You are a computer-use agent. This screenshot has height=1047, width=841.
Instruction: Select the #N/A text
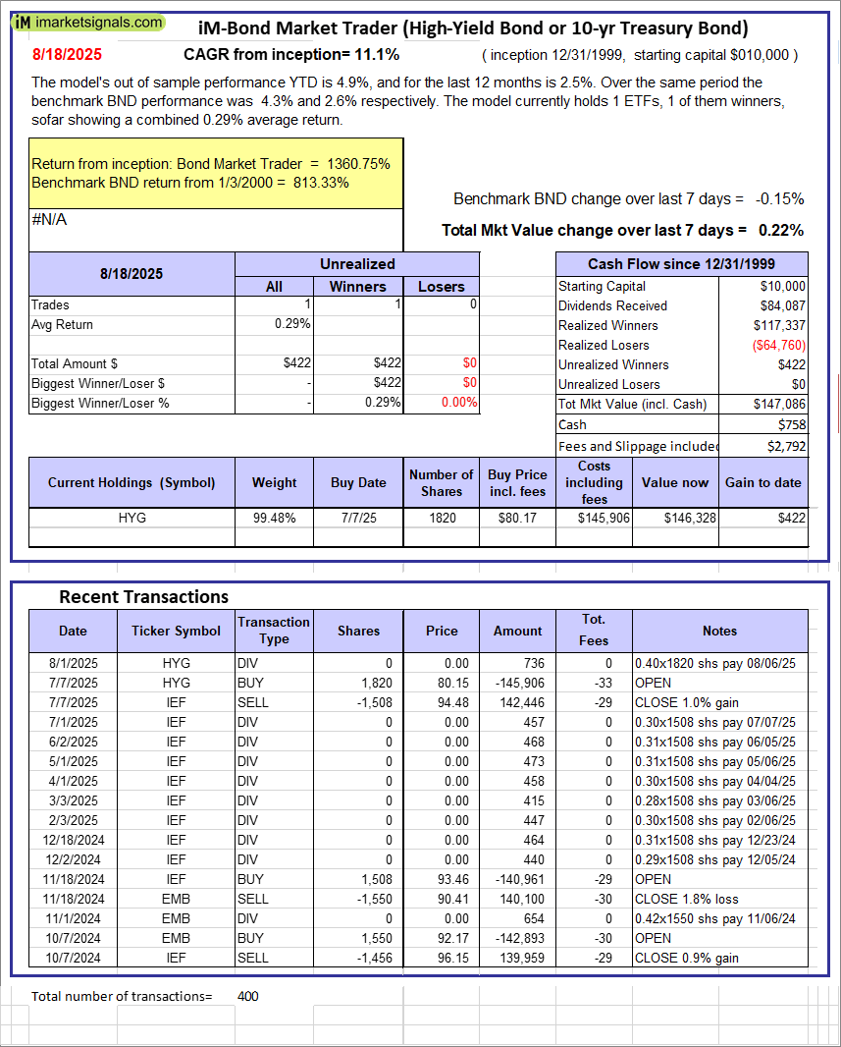pos(49,220)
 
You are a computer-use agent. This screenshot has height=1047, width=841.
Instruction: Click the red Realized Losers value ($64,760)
pos(778,345)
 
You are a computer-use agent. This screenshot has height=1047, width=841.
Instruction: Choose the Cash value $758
pos(792,424)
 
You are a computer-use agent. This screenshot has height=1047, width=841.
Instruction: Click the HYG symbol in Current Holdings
pos(131,517)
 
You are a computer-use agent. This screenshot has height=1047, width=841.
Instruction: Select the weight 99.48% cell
pos(275,517)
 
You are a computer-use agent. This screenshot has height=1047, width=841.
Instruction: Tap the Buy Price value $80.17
pos(517,517)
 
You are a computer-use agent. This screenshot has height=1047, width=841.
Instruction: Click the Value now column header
pos(675,482)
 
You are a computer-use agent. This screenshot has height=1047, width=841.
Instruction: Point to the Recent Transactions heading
pos(143,597)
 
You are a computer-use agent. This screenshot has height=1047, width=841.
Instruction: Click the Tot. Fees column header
pos(594,630)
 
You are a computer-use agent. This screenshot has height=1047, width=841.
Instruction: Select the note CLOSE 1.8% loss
pos(687,899)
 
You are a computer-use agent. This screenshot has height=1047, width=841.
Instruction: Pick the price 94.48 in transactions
pos(451,702)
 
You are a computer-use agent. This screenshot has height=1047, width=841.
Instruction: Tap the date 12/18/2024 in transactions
pos(73,840)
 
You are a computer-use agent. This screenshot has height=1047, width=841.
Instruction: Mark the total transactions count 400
pos(248,996)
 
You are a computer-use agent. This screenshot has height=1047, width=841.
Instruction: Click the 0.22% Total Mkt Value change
pos(780,230)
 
